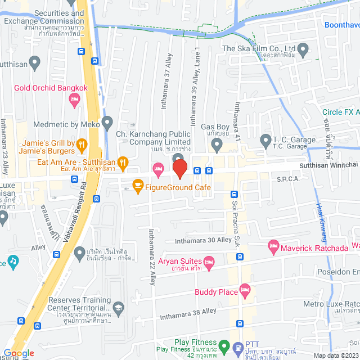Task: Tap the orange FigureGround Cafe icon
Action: (137, 184)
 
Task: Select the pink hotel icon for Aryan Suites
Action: (209, 260)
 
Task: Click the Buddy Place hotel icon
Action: (245, 291)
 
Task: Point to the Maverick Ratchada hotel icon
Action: (274, 245)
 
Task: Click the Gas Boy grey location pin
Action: (216, 146)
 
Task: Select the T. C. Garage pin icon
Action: (265, 139)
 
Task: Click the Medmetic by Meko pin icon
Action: (107, 122)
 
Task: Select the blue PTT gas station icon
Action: (237, 347)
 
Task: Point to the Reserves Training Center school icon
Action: (118, 307)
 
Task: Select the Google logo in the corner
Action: (19, 353)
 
